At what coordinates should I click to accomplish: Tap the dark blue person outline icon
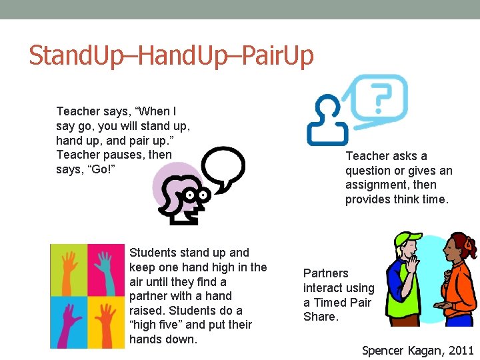[x=327, y=124]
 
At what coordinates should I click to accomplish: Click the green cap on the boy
[x=408, y=238]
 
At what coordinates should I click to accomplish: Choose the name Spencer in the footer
[x=384, y=350]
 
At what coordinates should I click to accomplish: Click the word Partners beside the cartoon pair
[x=326, y=273]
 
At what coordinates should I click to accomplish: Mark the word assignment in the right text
[x=378, y=185]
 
